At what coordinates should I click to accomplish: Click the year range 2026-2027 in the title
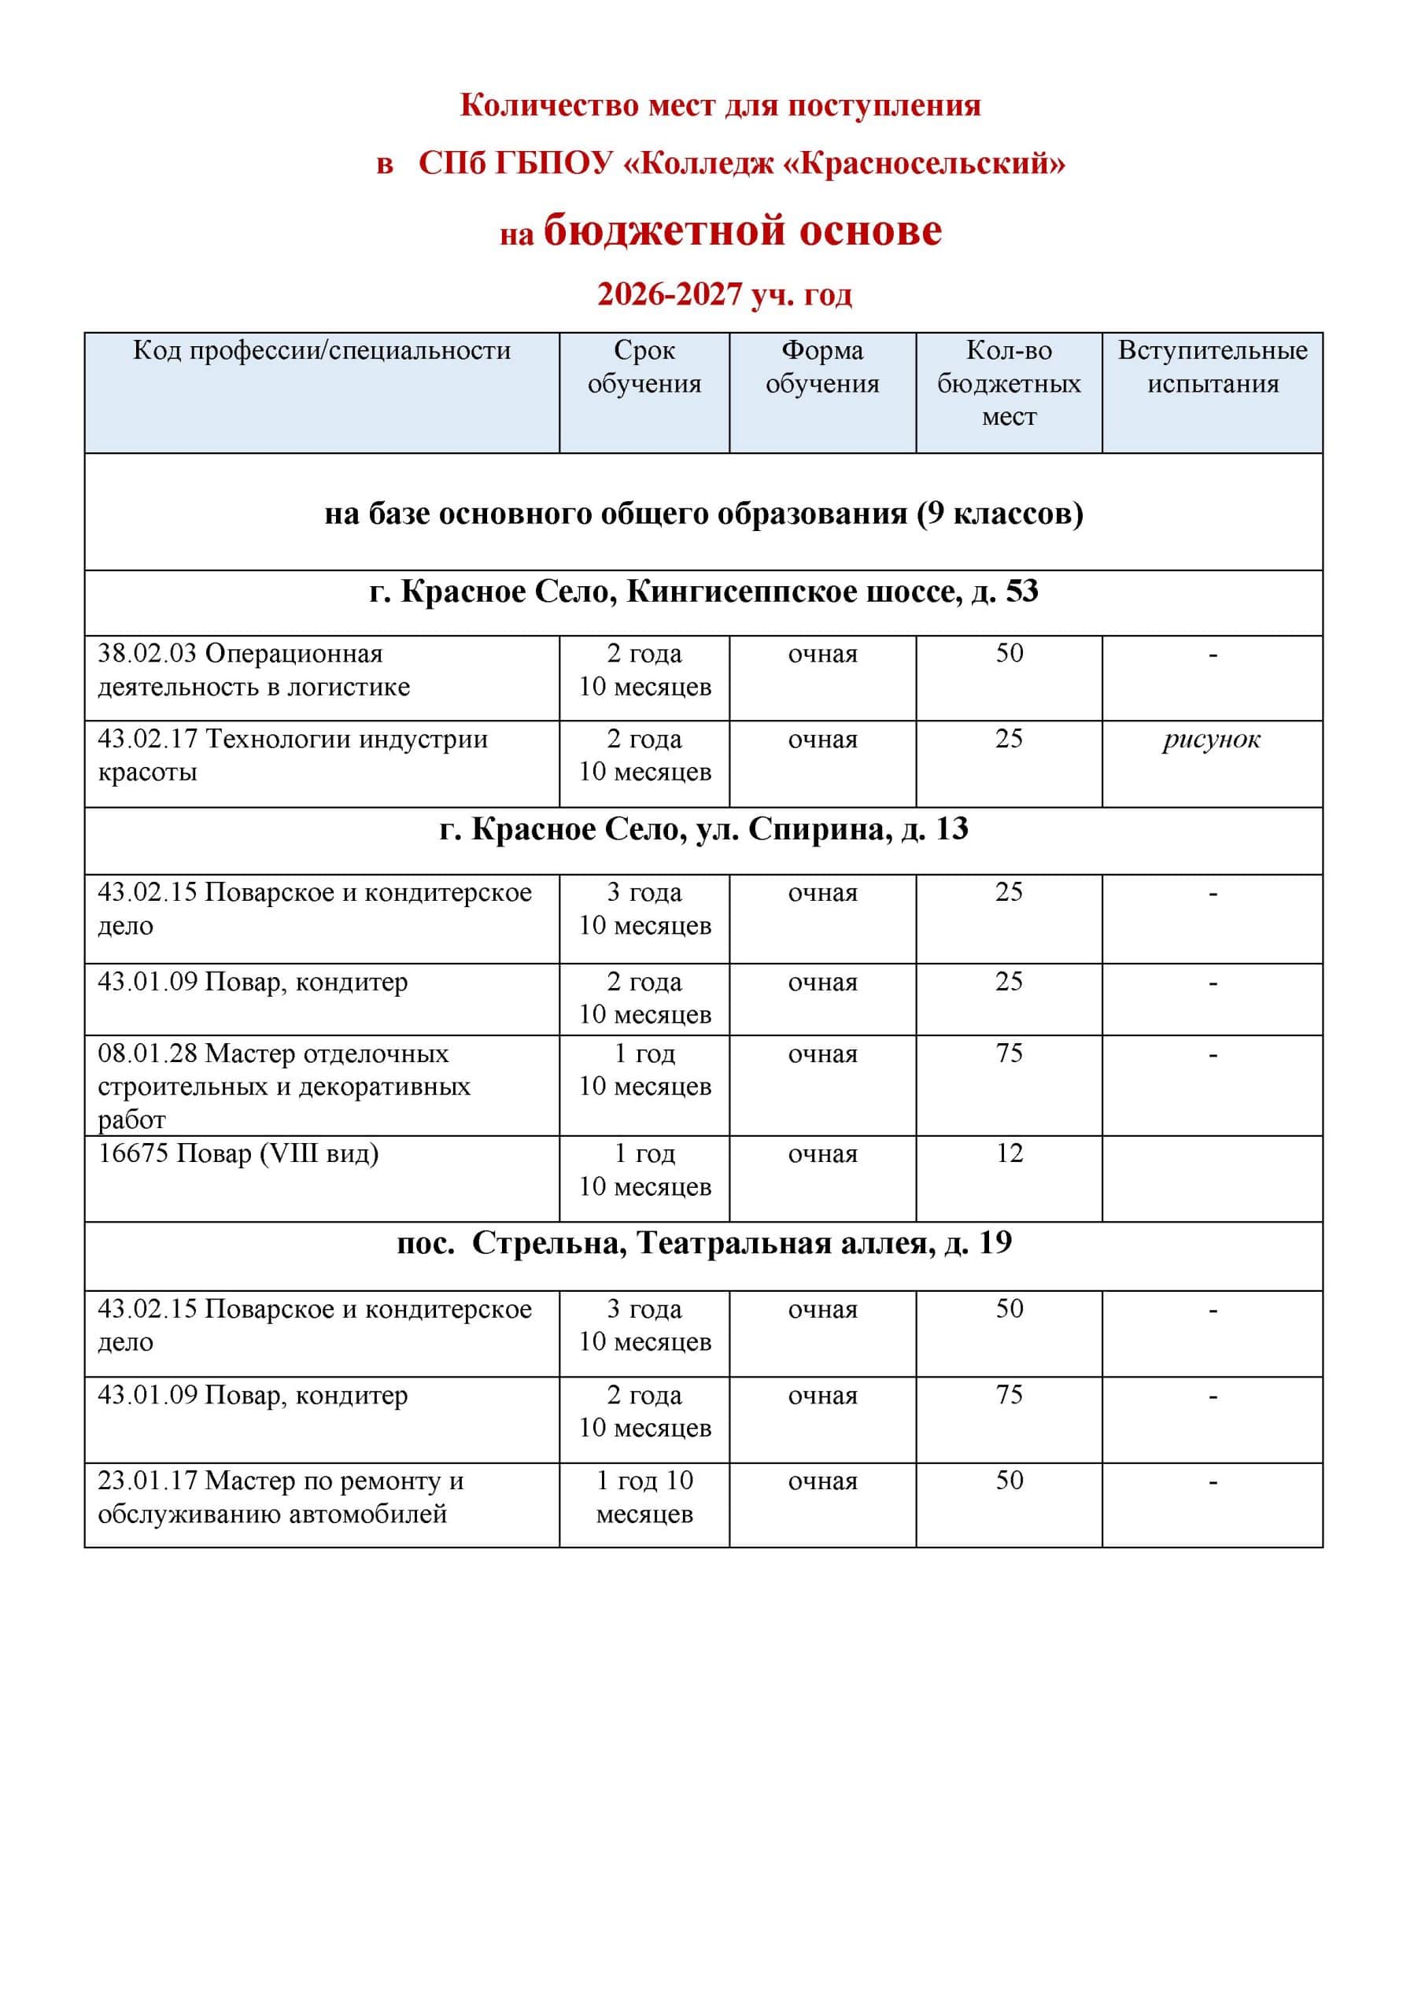pyautogui.click(x=670, y=295)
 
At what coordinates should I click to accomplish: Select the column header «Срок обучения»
pyautogui.click(x=644, y=367)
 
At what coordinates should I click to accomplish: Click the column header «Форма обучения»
pyautogui.click(x=822, y=367)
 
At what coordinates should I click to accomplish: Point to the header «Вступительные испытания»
pyautogui.click(x=1212, y=367)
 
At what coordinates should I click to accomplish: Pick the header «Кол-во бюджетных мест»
pyautogui.click(x=1008, y=383)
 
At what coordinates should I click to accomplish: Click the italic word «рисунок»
pyautogui.click(x=1212, y=740)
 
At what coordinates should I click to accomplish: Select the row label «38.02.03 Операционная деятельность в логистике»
pyautogui.click(x=253, y=670)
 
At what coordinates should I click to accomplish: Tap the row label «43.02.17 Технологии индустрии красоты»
pyautogui.click(x=292, y=755)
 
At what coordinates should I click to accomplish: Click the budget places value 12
pyautogui.click(x=1009, y=1153)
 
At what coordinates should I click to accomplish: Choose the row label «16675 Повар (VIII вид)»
pyautogui.click(x=238, y=1153)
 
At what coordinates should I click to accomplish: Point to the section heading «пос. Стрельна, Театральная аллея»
pyautogui.click(x=703, y=1243)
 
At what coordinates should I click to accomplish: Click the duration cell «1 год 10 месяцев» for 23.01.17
pyautogui.click(x=644, y=1497)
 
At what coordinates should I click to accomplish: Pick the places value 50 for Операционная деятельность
pyautogui.click(x=1009, y=654)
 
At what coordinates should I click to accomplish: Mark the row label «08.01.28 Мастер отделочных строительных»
pyautogui.click(x=283, y=1086)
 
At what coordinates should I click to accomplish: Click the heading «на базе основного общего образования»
pyautogui.click(x=703, y=513)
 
